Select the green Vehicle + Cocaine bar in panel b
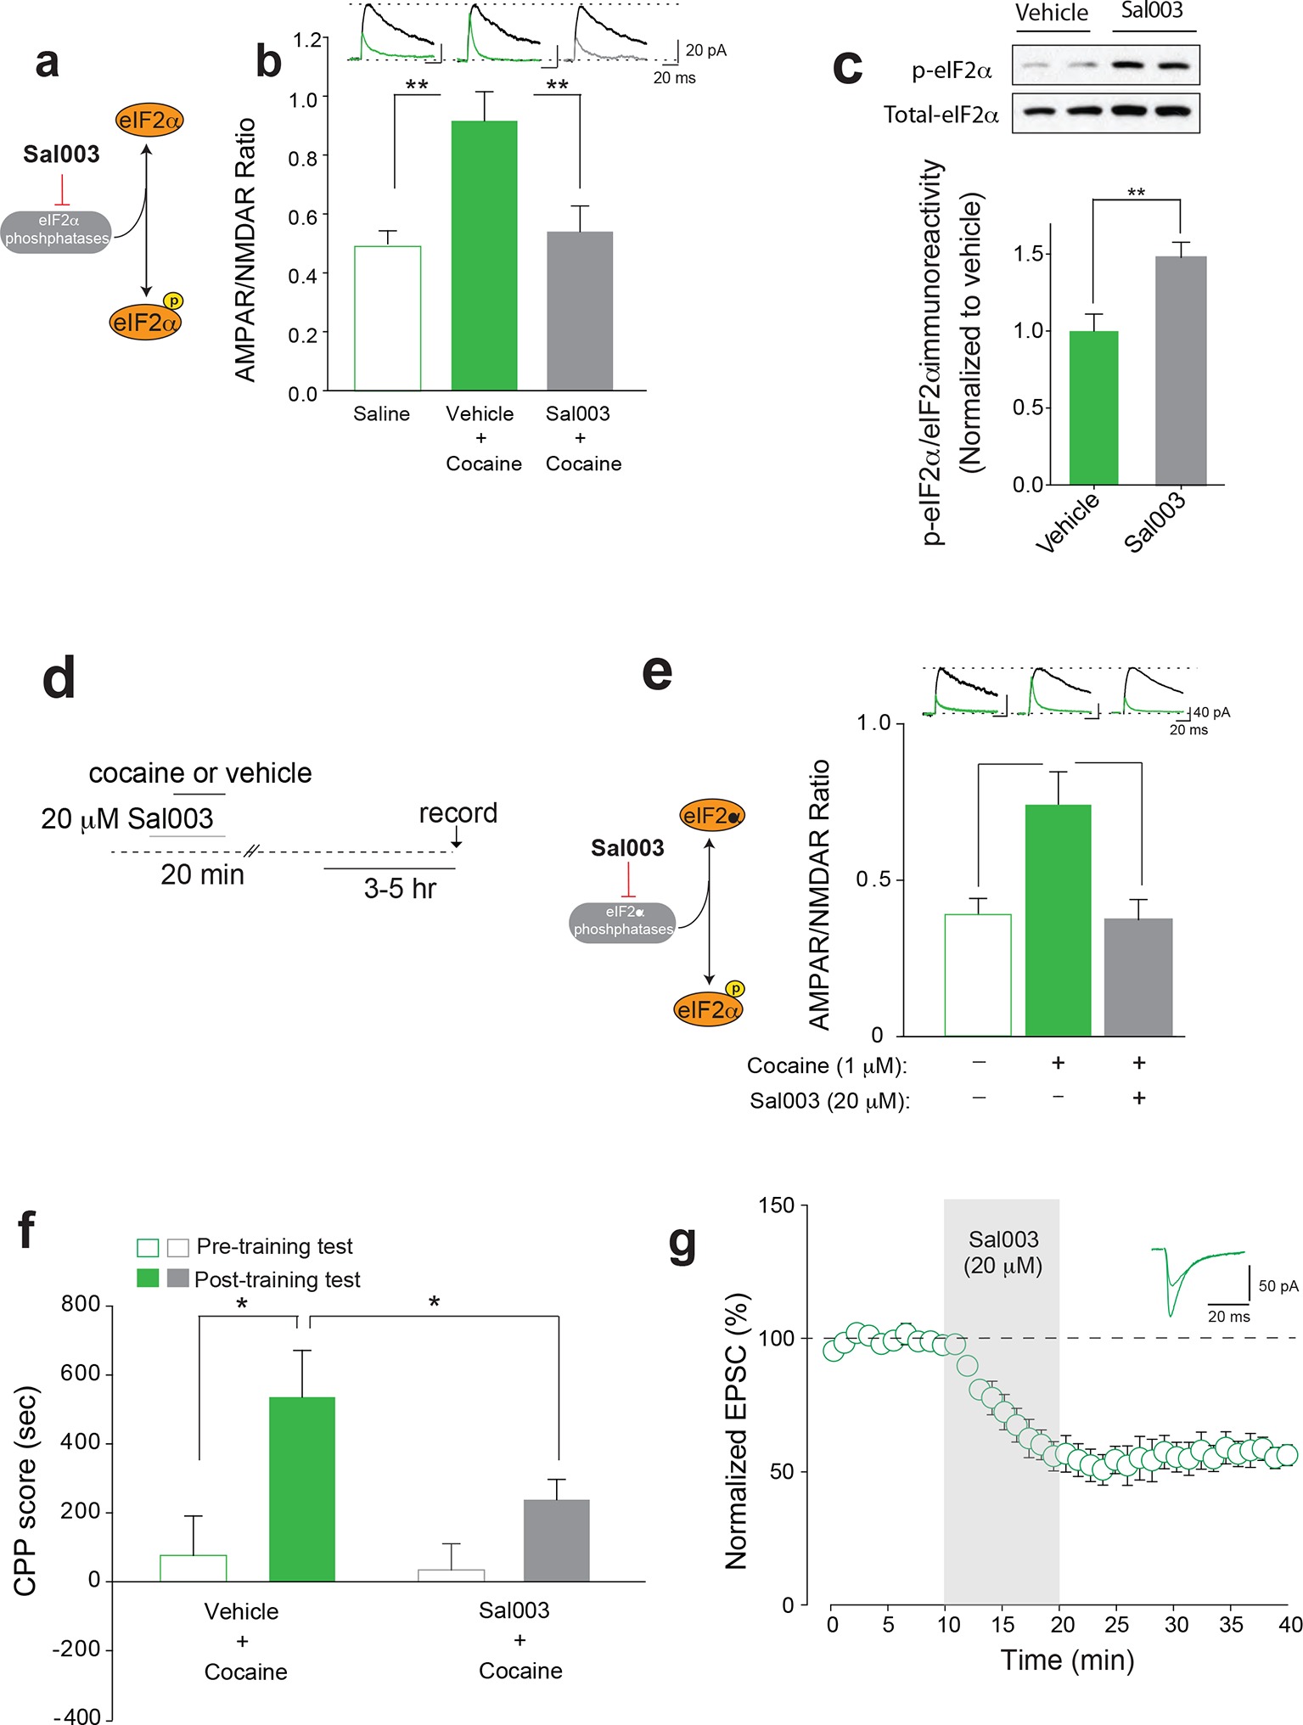click(x=484, y=255)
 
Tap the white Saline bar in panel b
click(x=387, y=317)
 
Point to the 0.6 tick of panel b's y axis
click(x=303, y=216)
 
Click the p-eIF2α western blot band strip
click(x=1105, y=65)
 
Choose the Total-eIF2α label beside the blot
click(x=941, y=115)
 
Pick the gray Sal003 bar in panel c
click(x=1180, y=369)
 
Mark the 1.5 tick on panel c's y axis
click(x=1028, y=254)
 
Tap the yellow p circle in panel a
click(x=173, y=301)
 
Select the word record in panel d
click(x=458, y=812)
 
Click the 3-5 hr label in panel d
click(x=400, y=889)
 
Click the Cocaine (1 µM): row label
click(x=826, y=1065)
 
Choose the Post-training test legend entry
click(x=277, y=1279)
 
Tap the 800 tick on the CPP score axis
click(x=81, y=1304)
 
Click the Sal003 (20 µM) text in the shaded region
click(x=1003, y=1253)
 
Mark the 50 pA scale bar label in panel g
click(x=1278, y=1286)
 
